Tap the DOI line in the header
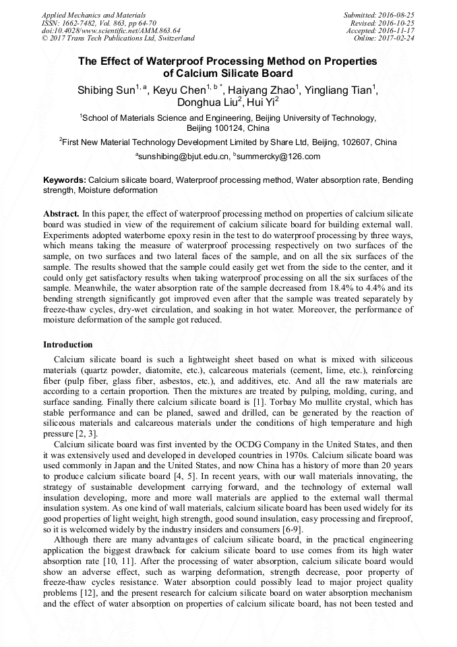[111, 30]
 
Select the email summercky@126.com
[278, 157]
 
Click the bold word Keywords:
[65, 181]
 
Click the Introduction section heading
[68, 345]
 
